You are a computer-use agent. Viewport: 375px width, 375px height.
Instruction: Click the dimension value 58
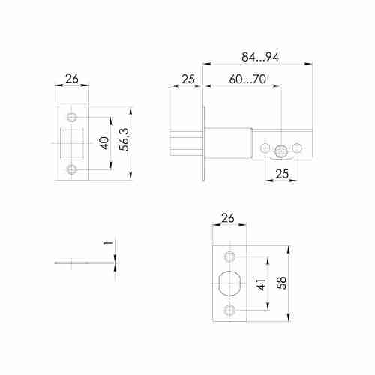click(x=280, y=283)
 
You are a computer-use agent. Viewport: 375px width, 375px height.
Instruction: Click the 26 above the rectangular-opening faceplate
click(x=73, y=79)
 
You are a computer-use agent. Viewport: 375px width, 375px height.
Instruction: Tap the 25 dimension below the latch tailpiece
click(x=283, y=173)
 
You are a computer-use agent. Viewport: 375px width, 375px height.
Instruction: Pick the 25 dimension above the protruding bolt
click(x=187, y=79)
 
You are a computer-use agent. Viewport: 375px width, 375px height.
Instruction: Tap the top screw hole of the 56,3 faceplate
click(x=72, y=118)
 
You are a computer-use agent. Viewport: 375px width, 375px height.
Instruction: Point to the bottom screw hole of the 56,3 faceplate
click(x=72, y=170)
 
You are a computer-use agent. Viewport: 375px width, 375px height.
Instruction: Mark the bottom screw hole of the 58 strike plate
click(x=230, y=310)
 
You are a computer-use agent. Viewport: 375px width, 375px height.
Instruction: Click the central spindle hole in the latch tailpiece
click(x=282, y=151)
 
